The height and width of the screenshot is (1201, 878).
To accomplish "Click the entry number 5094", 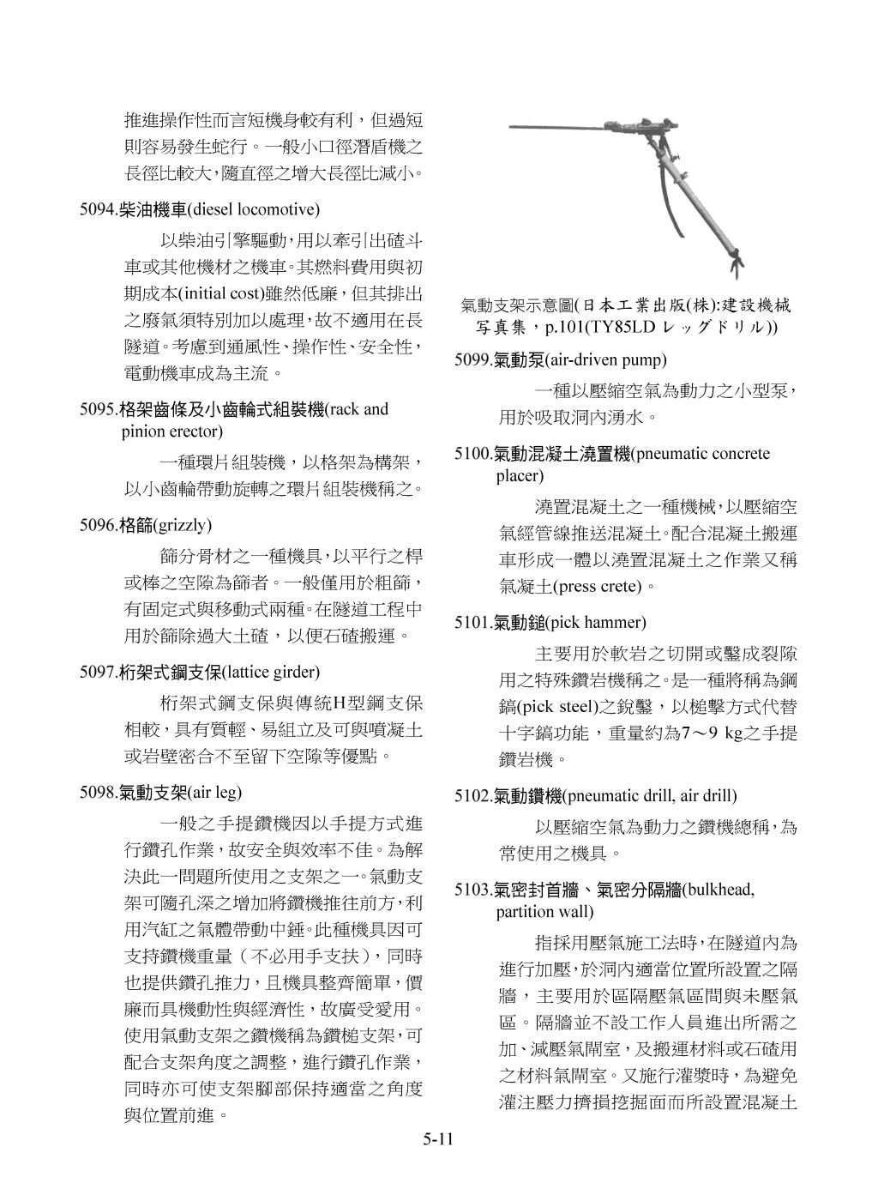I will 97,208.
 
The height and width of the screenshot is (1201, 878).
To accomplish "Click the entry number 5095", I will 97,409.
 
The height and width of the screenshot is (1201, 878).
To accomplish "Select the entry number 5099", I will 472,359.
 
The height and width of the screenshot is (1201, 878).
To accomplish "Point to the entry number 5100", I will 472,454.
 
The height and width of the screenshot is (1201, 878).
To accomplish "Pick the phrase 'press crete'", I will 596,587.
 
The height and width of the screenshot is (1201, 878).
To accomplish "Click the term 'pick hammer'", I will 596,622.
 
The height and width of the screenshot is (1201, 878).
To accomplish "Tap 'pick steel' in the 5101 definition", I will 550,708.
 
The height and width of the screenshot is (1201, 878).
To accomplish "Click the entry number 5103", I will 472,890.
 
